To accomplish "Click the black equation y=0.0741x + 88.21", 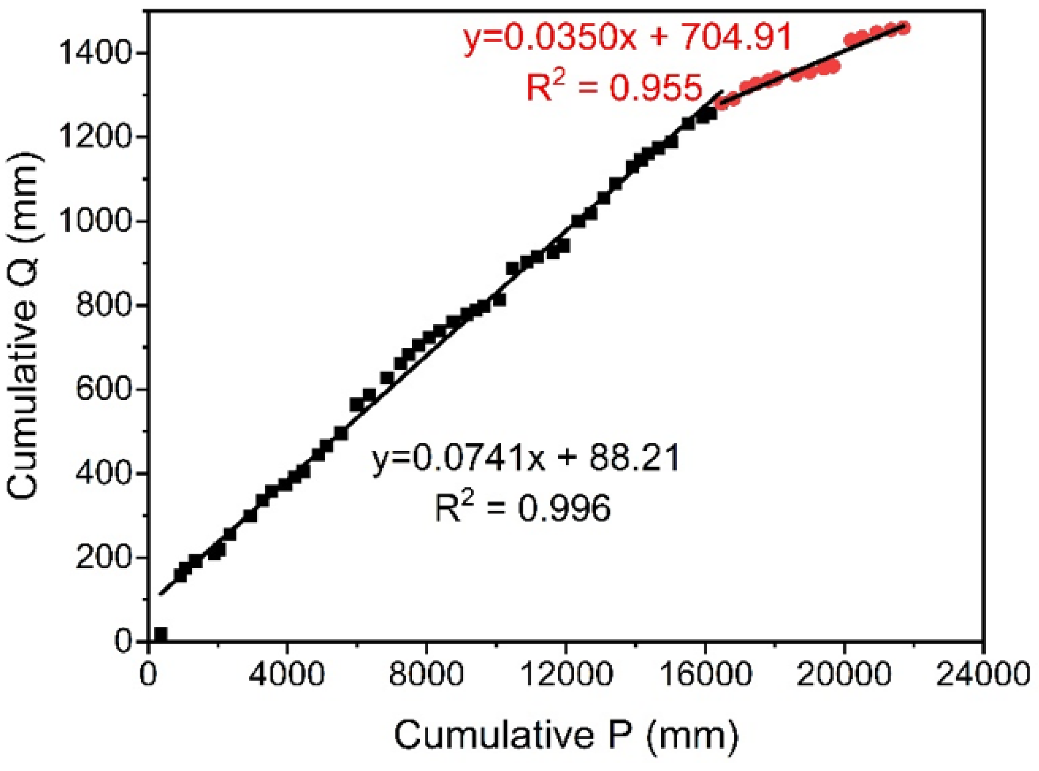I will click(525, 460).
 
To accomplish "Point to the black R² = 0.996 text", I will click(523, 509).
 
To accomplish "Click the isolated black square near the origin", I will click(161, 634).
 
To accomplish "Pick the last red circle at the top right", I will click(904, 28).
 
